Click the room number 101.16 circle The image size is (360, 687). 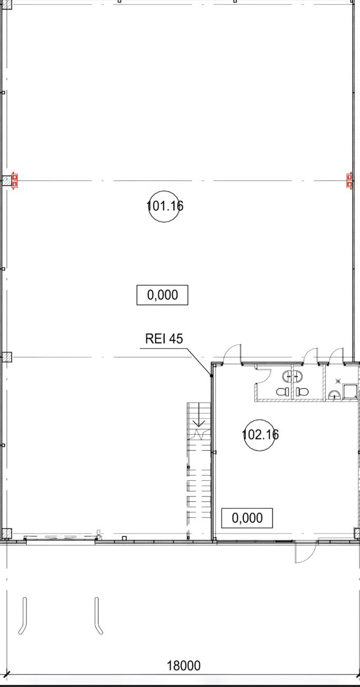(x=165, y=206)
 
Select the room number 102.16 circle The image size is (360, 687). (x=260, y=435)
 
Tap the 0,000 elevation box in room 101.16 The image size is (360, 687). (x=162, y=295)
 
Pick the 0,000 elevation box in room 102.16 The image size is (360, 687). (x=247, y=518)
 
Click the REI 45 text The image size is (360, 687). (x=164, y=339)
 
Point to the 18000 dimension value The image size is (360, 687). (x=184, y=665)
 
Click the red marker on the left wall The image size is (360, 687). (x=15, y=181)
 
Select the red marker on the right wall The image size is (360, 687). (x=349, y=181)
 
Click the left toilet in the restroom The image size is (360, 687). (x=283, y=391)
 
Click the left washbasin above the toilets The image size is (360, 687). (x=287, y=376)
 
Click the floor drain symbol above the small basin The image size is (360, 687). (x=338, y=381)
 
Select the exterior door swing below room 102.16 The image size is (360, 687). (x=305, y=552)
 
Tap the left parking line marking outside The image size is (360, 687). (x=23, y=616)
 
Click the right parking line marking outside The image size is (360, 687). (x=97, y=616)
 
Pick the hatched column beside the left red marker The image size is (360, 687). (x=6, y=181)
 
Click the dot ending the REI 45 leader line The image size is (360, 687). (x=212, y=376)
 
